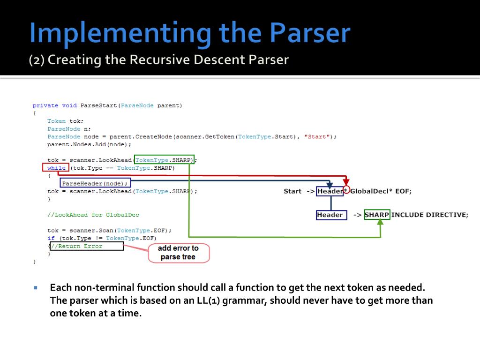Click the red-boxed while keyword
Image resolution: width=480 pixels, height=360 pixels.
point(56,168)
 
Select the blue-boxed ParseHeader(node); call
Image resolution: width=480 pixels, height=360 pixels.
point(95,183)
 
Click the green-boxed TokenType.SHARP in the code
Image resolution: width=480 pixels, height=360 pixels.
point(164,160)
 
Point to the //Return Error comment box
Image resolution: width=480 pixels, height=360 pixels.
point(87,246)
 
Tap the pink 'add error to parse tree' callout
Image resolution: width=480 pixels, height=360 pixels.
point(178,253)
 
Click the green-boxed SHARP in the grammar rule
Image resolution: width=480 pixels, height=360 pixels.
point(377,215)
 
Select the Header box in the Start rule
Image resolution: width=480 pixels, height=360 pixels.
point(330,191)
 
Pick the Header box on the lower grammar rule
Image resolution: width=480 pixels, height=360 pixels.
point(330,215)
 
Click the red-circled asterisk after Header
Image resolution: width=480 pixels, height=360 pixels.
point(346,190)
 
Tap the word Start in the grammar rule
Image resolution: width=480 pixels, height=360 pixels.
point(292,191)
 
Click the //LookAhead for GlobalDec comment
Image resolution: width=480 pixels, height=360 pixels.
point(93,215)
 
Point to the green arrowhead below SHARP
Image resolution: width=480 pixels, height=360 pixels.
point(380,222)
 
